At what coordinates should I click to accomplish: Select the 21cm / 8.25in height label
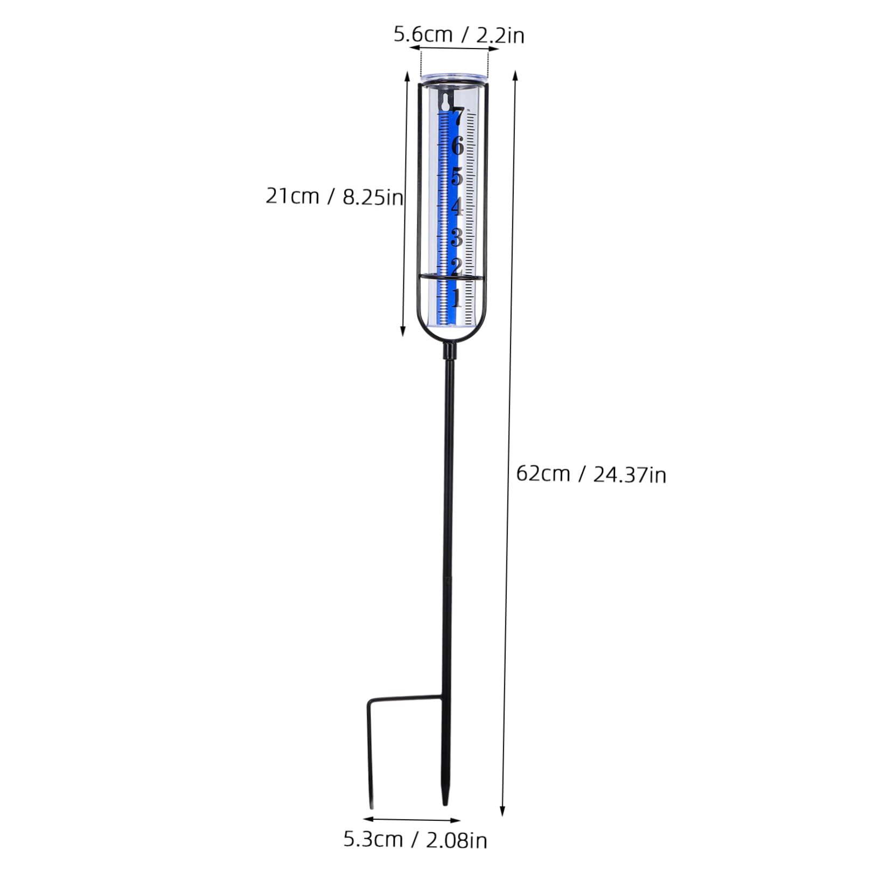point(334,197)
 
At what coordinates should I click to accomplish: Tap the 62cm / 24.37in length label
point(591,475)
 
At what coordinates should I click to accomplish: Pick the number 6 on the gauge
point(457,146)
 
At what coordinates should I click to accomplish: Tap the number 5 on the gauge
point(457,176)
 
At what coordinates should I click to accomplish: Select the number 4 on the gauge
point(457,207)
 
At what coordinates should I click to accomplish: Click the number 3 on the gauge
point(457,237)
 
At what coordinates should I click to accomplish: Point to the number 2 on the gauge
point(457,266)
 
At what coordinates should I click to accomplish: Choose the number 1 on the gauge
point(457,297)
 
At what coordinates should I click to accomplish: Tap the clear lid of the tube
point(454,78)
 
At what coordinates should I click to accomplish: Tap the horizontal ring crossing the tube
point(451,276)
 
